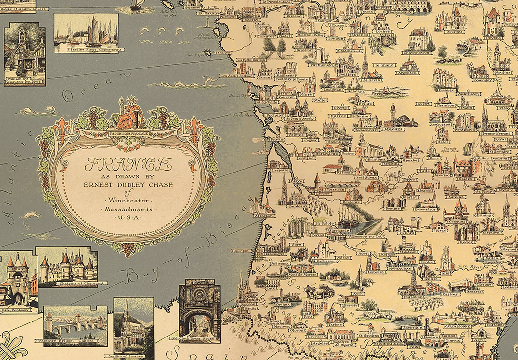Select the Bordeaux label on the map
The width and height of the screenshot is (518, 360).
click(x=297, y=206)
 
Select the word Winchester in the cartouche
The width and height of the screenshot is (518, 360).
click(x=129, y=200)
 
